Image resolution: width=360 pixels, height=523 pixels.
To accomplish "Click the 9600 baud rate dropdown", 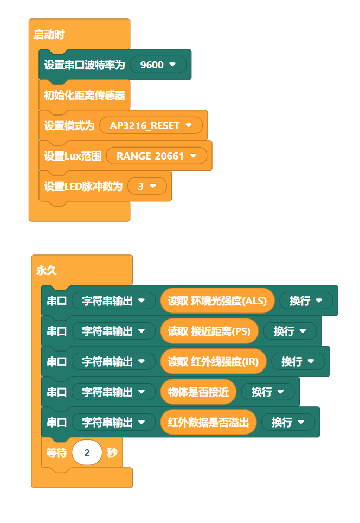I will pos(158,65).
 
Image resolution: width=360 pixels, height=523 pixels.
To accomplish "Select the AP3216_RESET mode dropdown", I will pos(151,126).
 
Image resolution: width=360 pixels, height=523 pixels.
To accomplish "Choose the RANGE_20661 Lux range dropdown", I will pos(156,156).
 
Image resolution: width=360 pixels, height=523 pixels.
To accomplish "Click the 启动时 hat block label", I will pos(49,35).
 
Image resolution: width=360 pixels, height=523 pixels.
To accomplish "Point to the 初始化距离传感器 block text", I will pos(84,95).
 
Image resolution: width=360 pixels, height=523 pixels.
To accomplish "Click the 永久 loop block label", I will pos(46,271).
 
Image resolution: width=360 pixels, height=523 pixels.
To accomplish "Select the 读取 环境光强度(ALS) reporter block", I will pos(217,301).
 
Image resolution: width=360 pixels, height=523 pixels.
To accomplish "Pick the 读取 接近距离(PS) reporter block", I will pos(209,331).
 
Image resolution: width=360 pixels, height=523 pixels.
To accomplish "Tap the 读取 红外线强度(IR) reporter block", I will pos(213,361).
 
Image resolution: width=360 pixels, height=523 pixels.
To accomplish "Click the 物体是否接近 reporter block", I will pos(198,392).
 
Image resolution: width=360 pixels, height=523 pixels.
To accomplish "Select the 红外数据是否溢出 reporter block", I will pos(208,422).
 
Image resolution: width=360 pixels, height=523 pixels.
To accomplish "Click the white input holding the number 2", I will pos(87,452).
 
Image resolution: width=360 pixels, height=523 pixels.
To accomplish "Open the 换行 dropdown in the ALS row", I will pos(306,301).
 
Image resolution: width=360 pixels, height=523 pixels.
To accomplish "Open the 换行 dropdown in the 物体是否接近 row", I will pos(267,392).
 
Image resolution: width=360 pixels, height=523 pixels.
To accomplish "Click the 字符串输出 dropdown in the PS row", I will pos(113,331).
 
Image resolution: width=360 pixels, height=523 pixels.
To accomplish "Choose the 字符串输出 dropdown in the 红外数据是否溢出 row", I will pos(113,422).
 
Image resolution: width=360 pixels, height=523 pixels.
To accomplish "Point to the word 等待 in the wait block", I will pos(56,452).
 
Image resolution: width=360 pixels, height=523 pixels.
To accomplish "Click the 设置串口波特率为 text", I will pos(84,65).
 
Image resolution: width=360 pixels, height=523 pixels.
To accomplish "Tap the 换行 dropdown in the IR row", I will pos(298,361).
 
